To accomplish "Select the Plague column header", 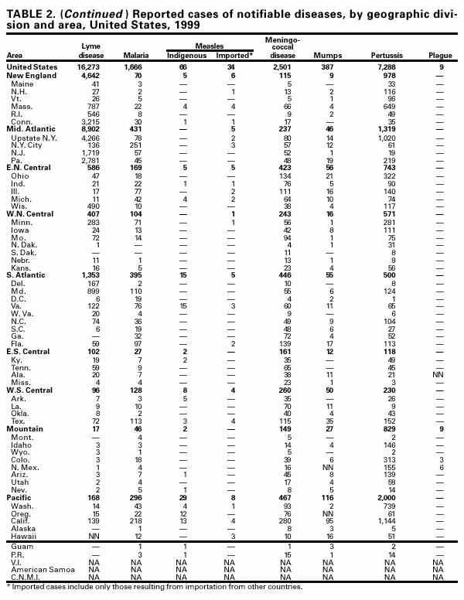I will click(x=439, y=56).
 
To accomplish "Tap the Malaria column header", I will click(x=135, y=56).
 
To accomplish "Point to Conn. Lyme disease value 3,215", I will click(x=91, y=121).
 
